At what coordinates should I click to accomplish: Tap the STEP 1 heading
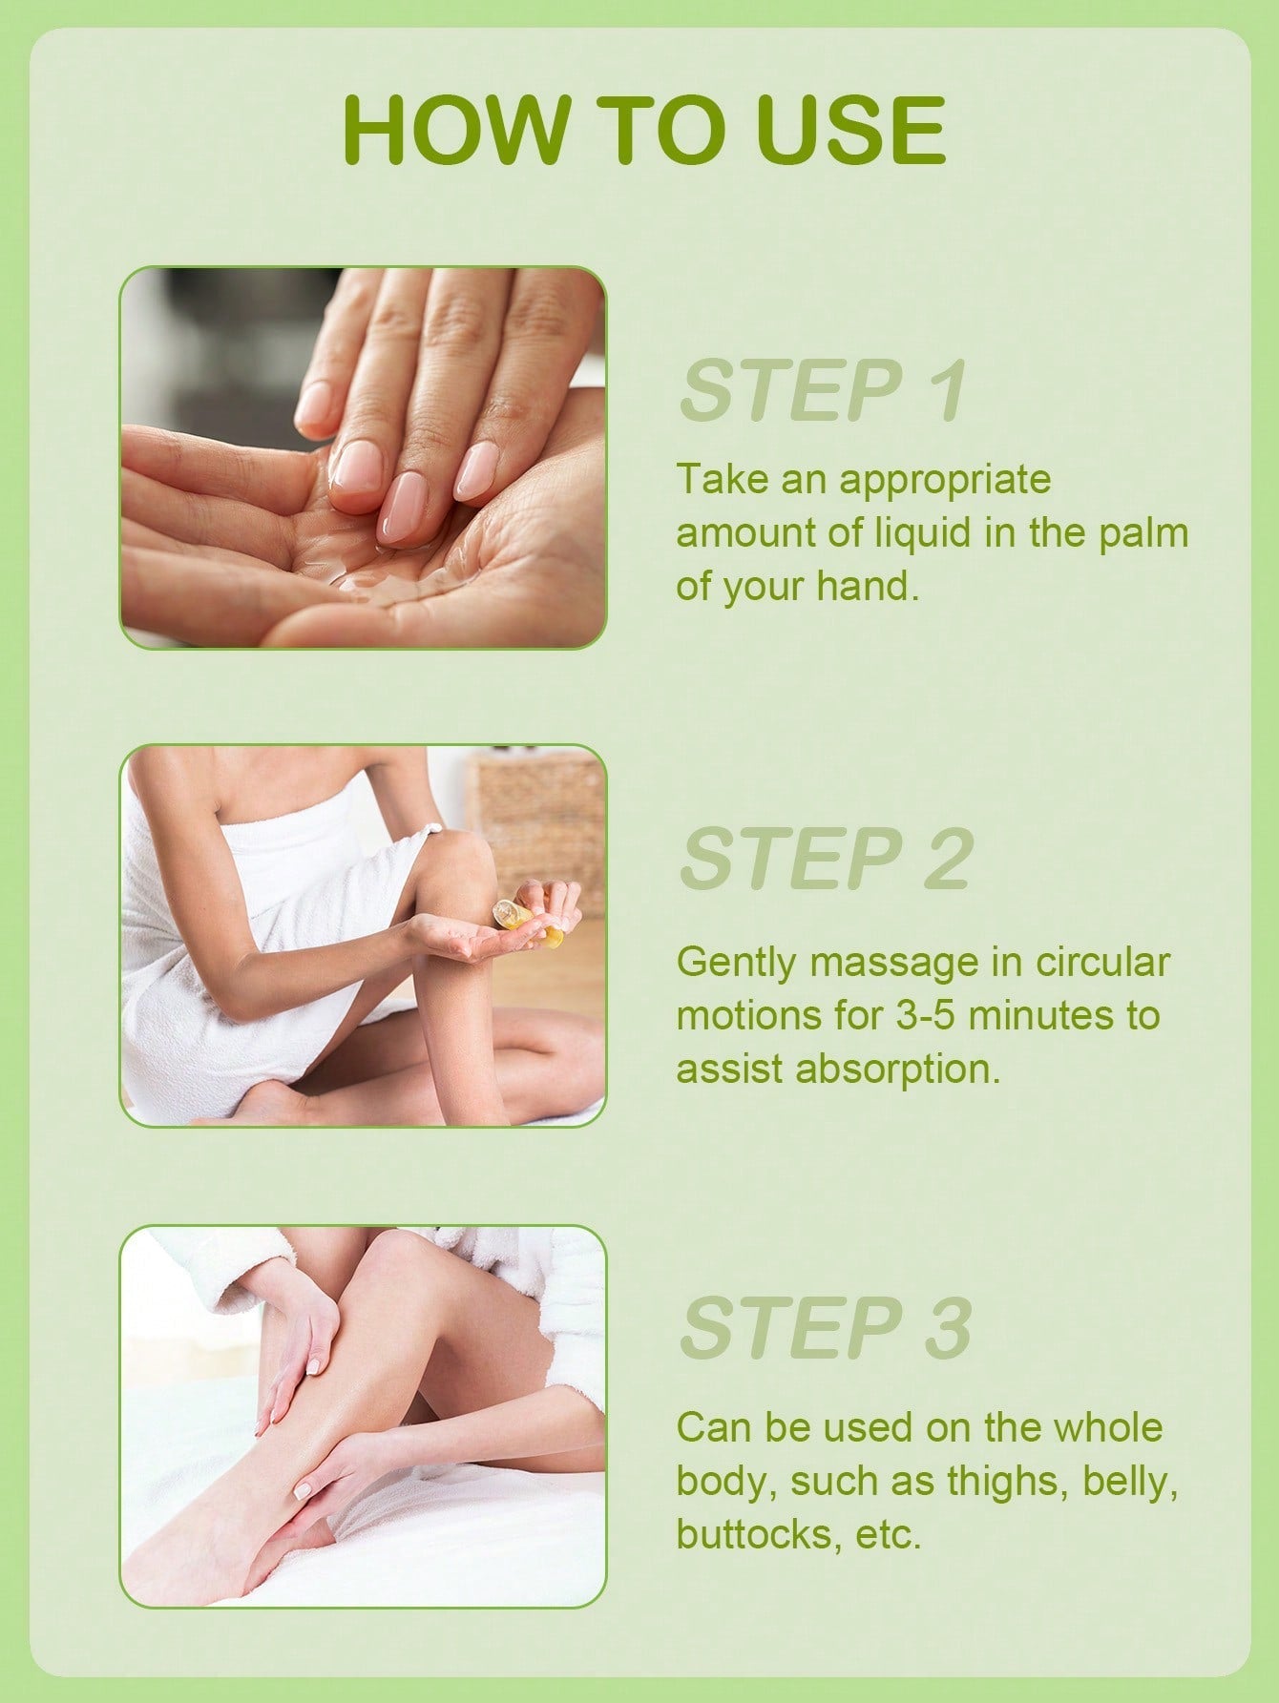click(x=824, y=390)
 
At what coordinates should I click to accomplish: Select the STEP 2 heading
click(x=826, y=858)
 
